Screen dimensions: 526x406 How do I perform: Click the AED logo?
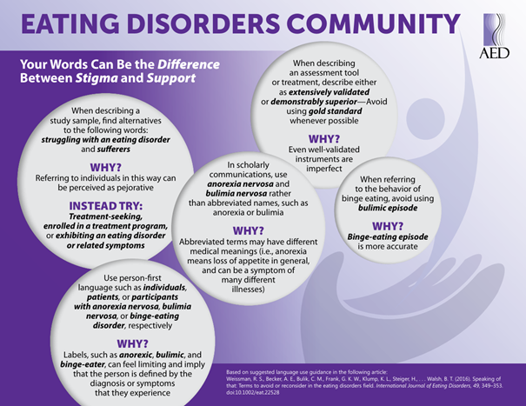point(494,37)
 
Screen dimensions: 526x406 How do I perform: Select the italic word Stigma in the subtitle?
point(97,78)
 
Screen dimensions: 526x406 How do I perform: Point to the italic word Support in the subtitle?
point(171,78)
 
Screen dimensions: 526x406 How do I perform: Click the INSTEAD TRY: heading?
point(106,206)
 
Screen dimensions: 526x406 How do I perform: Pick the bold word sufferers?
point(113,149)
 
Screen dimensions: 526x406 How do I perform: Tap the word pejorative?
point(134,188)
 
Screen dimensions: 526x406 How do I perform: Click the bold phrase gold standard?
point(335,111)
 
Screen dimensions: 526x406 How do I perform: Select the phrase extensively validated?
point(329,92)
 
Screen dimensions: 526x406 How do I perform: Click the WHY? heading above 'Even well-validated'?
point(324,139)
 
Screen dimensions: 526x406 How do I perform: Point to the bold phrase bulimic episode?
point(388,208)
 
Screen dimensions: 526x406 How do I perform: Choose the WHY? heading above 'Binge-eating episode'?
point(388,226)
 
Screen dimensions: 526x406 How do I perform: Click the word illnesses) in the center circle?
point(249,290)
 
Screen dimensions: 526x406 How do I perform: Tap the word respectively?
point(150,325)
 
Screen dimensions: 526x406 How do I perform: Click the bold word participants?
point(155,297)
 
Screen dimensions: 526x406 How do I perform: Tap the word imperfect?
point(324,169)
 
